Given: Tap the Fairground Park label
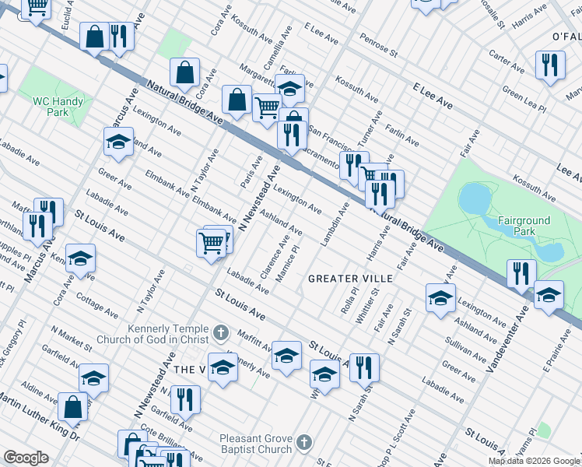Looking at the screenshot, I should pos(524,226).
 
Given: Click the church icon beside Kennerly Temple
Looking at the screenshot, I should pos(221,334).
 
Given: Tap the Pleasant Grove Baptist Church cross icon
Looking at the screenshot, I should pos(304,443).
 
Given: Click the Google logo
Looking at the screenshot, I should pos(26,458).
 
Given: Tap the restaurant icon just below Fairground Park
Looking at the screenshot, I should pos(520,274).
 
